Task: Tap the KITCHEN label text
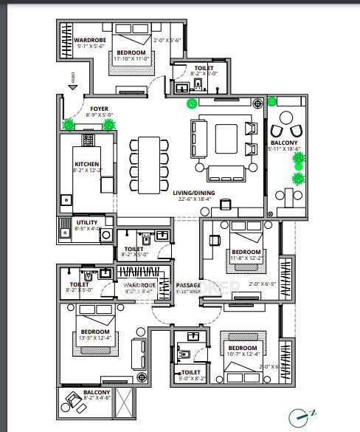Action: click(86, 165)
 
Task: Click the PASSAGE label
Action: click(190, 285)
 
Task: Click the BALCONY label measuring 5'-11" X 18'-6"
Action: click(285, 143)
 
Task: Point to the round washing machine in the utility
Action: click(106, 236)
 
